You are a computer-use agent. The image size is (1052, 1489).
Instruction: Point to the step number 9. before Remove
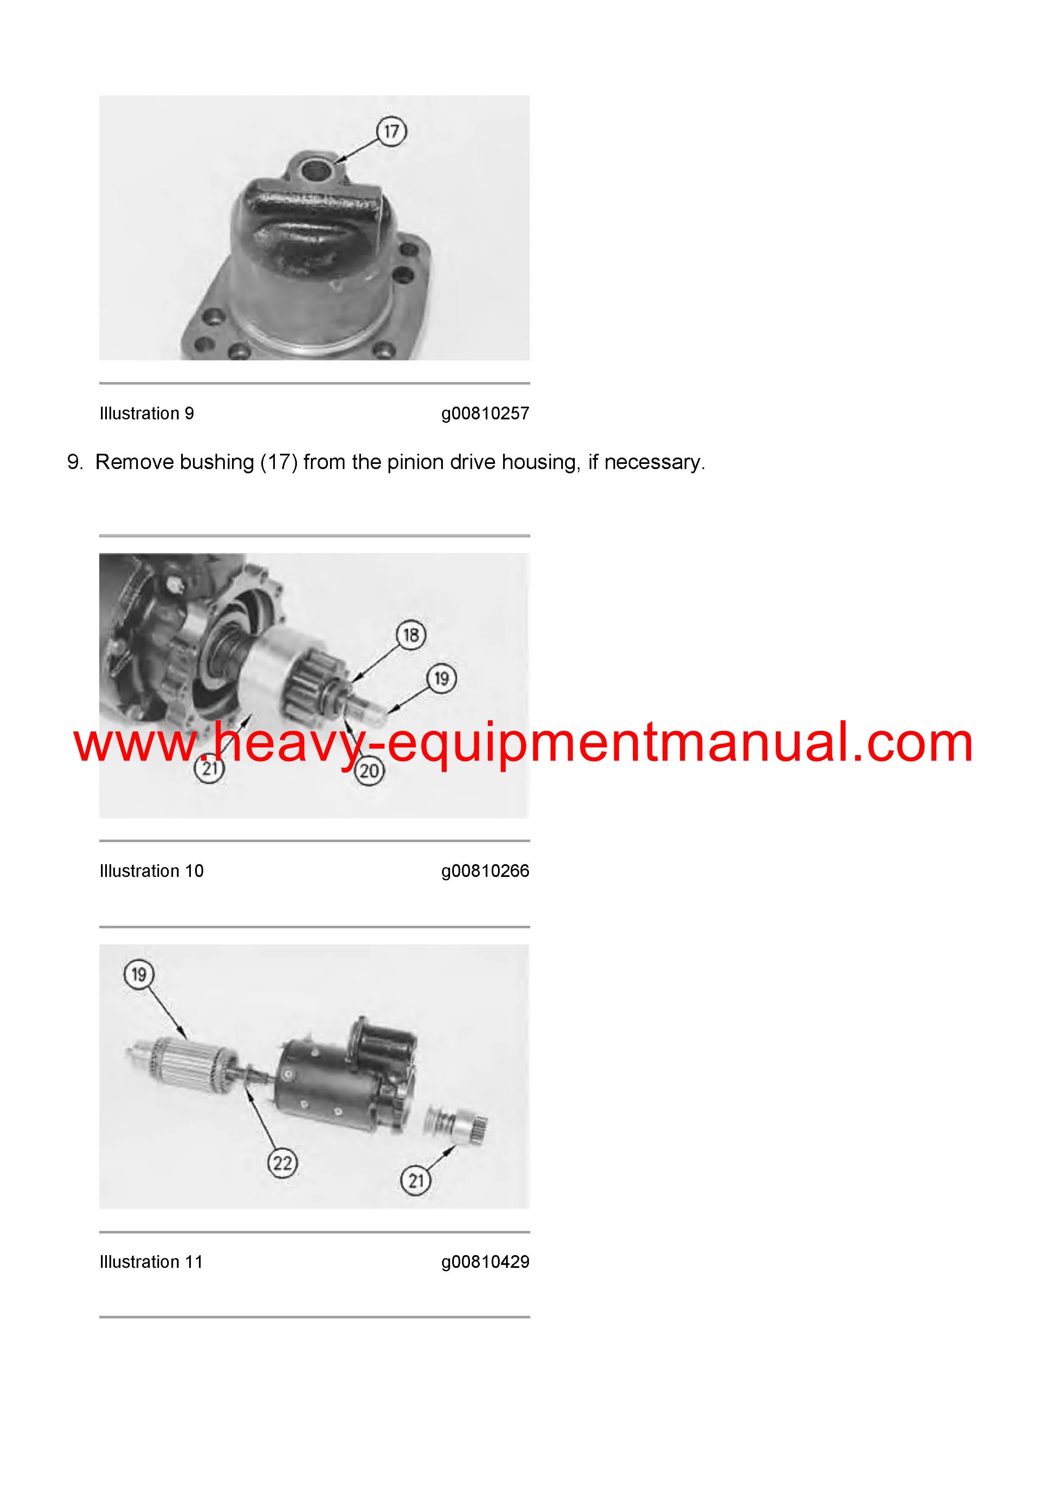click(x=75, y=462)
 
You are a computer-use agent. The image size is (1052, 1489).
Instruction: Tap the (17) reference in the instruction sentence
click(x=279, y=462)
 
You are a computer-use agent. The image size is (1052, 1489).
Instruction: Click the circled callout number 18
click(x=411, y=635)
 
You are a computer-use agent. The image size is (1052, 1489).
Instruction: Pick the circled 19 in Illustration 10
click(x=442, y=678)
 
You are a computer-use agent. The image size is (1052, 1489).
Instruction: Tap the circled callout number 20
click(x=369, y=771)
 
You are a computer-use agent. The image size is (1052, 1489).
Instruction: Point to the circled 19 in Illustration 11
click(x=139, y=975)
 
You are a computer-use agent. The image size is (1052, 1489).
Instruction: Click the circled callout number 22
click(x=283, y=1163)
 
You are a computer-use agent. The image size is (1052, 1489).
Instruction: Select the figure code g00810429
click(x=485, y=1261)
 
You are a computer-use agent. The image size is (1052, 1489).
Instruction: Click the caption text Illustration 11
click(x=151, y=1261)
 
